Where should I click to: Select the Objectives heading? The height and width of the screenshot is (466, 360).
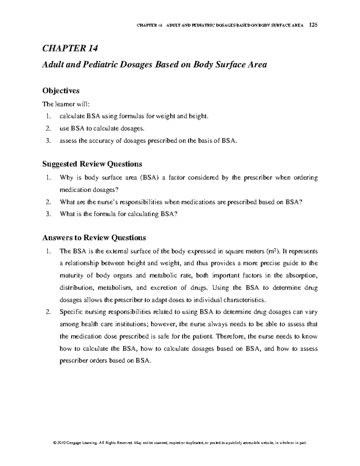61,91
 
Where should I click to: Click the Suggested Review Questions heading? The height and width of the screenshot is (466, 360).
92,164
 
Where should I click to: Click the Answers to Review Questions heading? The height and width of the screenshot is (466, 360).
94,238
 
